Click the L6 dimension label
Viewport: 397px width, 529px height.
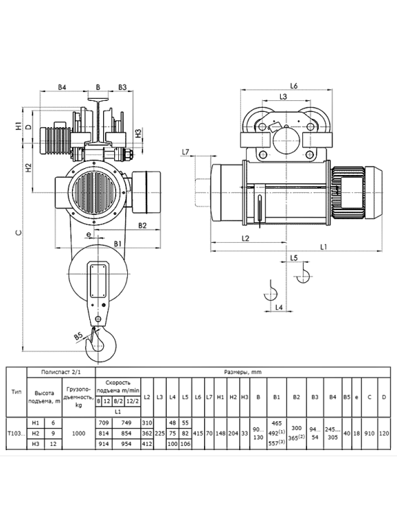click(x=293, y=86)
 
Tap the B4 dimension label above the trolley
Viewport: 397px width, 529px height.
click(x=62, y=87)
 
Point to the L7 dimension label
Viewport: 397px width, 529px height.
click(x=185, y=152)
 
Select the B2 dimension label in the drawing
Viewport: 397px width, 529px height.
click(x=142, y=225)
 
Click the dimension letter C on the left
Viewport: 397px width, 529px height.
click(x=19, y=232)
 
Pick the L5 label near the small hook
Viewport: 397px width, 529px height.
click(x=294, y=258)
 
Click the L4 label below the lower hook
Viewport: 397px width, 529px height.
click(x=279, y=307)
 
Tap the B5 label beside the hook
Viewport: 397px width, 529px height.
click(x=78, y=336)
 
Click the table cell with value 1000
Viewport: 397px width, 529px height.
click(x=79, y=433)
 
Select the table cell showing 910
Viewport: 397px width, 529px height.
click(x=369, y=433)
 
